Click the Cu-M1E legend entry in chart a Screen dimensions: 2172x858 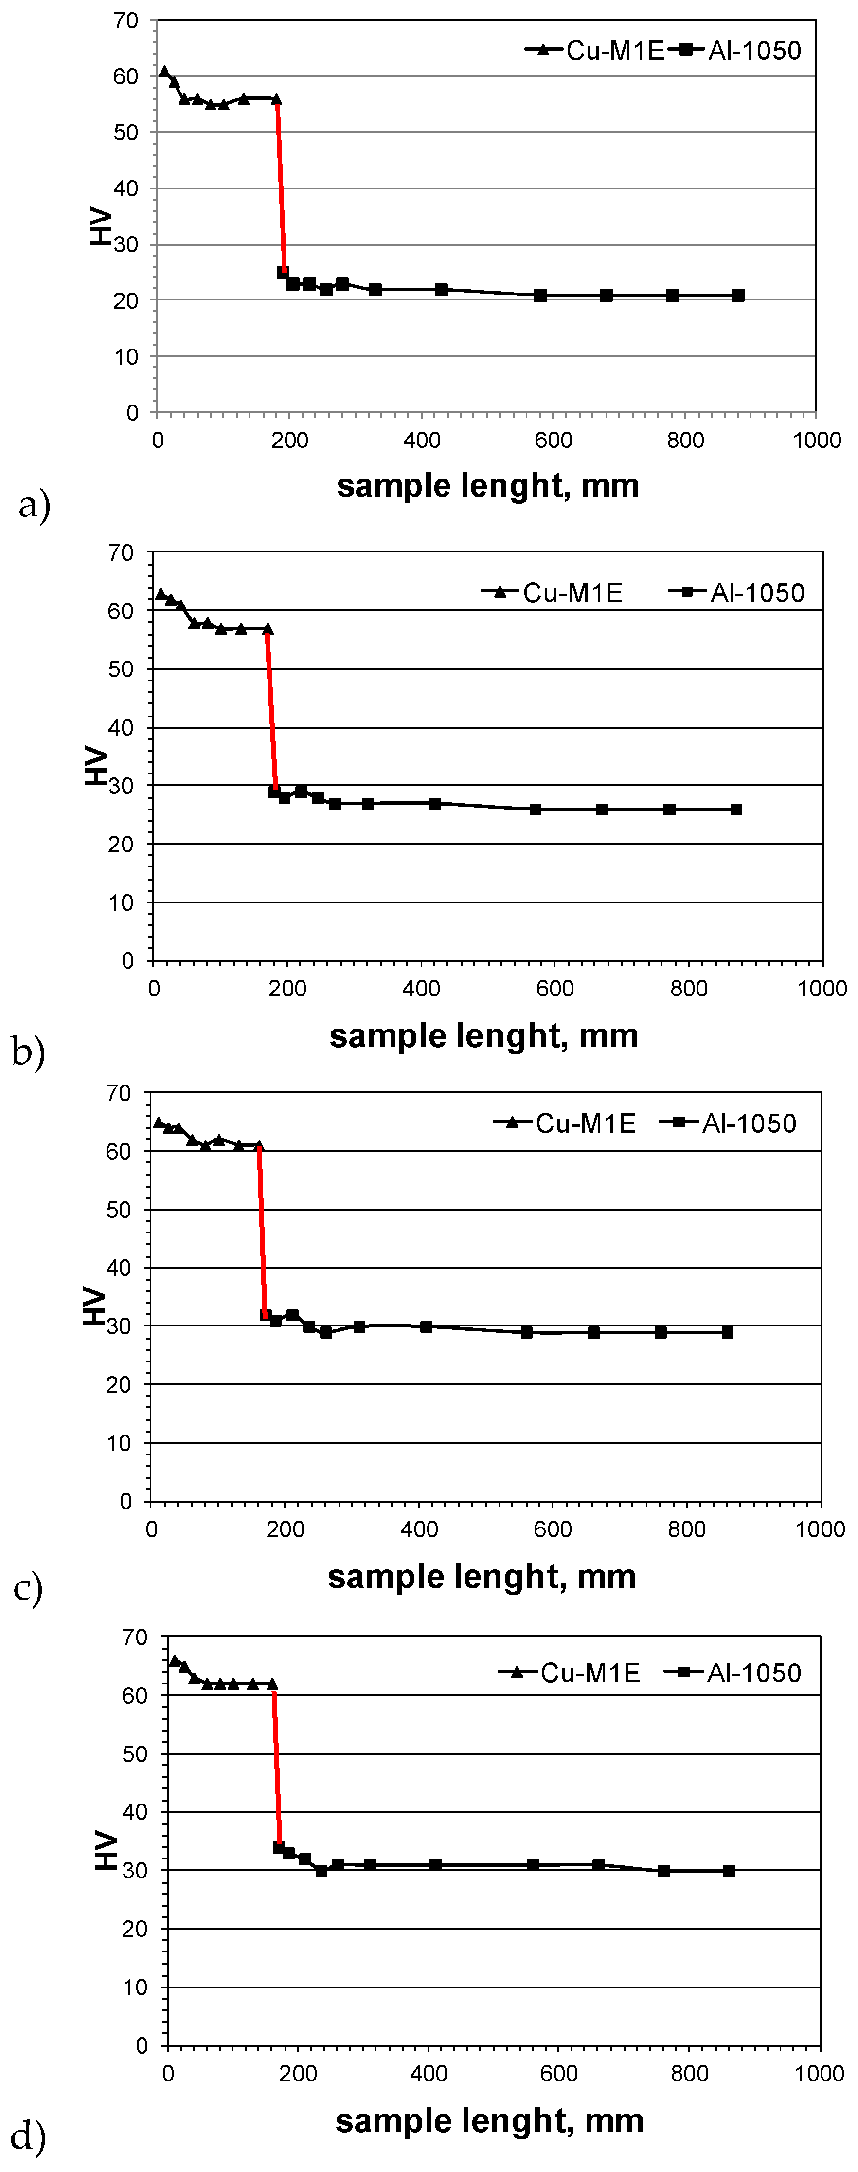[x=595, y=51]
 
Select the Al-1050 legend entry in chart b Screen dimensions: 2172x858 [x=737, y=593]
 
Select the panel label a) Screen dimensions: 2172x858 [x=34, y=505]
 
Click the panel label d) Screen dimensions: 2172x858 [x=28, y=2136]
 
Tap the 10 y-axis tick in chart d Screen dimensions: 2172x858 [x=135, y=1988]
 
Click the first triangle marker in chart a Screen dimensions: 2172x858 [x=164, y=72]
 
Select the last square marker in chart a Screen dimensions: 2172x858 [x=737, y=295]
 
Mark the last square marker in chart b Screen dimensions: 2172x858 [x=736, y=810]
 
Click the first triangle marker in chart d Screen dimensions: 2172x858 [x=175, y=1661]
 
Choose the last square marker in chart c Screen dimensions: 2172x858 [x=727, y=1332]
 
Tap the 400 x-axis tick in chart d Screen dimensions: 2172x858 [x=428, y=2073]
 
